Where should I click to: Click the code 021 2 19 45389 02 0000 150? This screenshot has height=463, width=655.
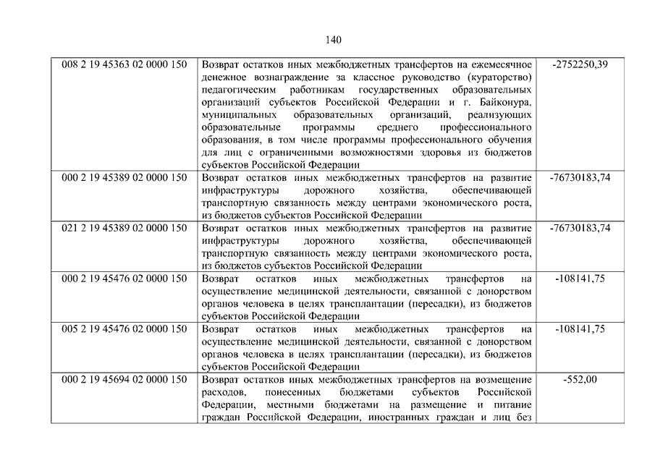click(x=124, y=228)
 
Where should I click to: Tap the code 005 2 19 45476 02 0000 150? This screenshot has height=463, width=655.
click(x=124, y=329)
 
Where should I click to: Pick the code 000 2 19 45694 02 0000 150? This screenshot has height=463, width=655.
click(x=124, y=380)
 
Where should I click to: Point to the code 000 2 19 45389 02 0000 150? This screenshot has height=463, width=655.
click(x=124, y=177)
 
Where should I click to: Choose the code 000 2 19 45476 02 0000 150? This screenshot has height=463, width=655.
click(x=124, y=279)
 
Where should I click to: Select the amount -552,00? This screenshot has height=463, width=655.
click(x=580, y=380)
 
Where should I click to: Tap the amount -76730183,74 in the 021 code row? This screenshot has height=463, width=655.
click(x=580, y=228)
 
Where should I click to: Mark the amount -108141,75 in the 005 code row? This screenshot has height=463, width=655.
click(x=580, y=329)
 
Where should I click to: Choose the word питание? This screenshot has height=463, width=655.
click(x=513, y=405)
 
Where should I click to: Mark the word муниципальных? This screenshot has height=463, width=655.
click(x=237, y=115)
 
